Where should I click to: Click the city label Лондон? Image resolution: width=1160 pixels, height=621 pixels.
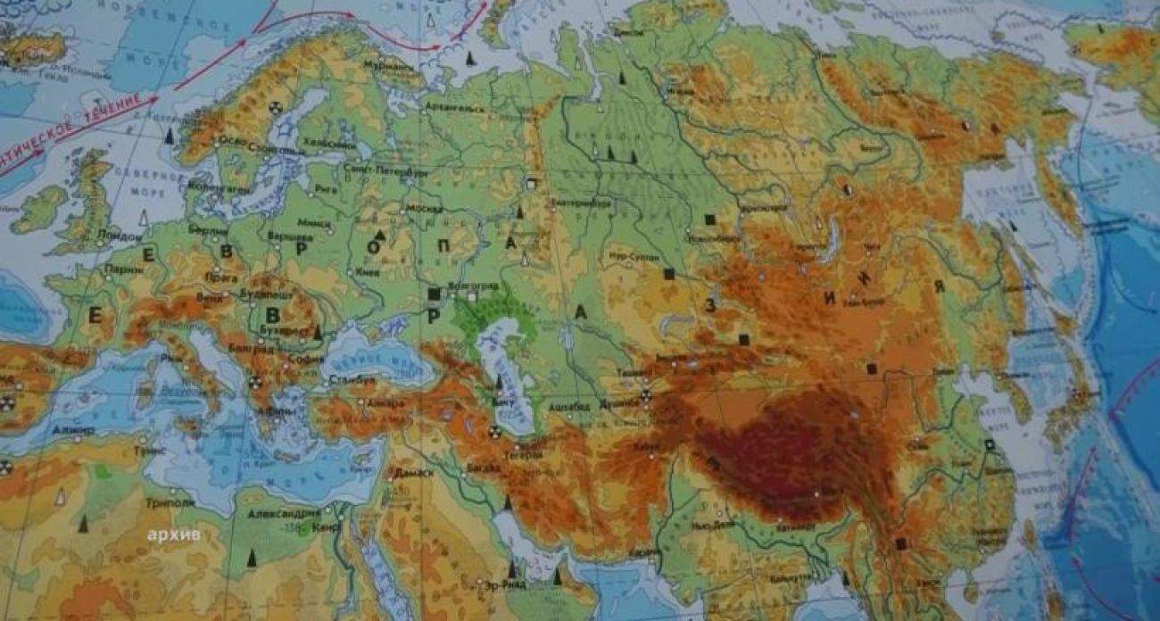(x=121, y=236)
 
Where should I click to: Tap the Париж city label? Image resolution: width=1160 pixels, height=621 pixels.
(x=124, y=268)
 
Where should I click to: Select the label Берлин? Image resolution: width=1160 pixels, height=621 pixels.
(x=208, y=229)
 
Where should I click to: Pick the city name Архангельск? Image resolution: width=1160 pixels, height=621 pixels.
(x=455, y=109)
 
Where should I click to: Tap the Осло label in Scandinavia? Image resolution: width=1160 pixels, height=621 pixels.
(x=231, y=140)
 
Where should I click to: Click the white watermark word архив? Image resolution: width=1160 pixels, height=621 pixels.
(x=175, y=534)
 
